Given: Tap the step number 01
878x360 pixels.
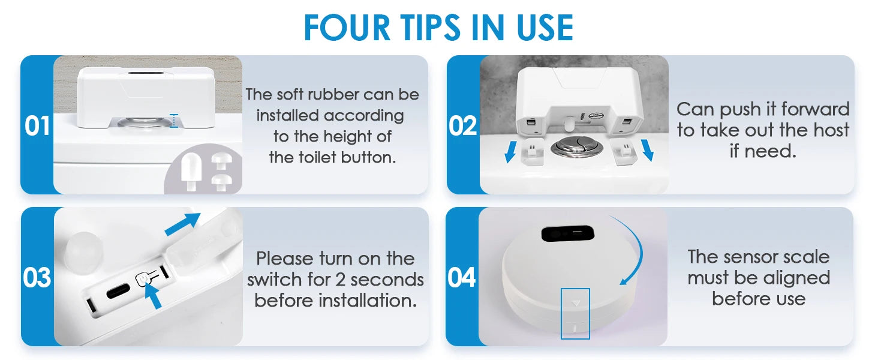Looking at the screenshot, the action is click(x=37, y=126).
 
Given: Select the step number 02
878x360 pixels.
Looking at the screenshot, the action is click(x=463, y=126).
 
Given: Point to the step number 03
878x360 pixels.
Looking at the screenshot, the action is click(x=37, y=278).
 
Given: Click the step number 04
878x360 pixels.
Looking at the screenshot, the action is click(x=462, y=278).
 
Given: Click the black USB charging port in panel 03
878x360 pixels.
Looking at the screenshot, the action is click(x=118, y=291).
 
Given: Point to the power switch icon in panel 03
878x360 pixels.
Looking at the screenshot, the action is click(x=142, y=279).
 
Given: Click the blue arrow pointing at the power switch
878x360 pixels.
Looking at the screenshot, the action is click(x=154, y=296).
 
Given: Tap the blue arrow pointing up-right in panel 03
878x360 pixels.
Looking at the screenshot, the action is click(x=183, y=224).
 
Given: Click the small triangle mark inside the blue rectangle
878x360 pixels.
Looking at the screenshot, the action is click(x=575, y=303).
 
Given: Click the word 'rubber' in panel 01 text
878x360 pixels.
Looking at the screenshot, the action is click(x=333, y=95).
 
